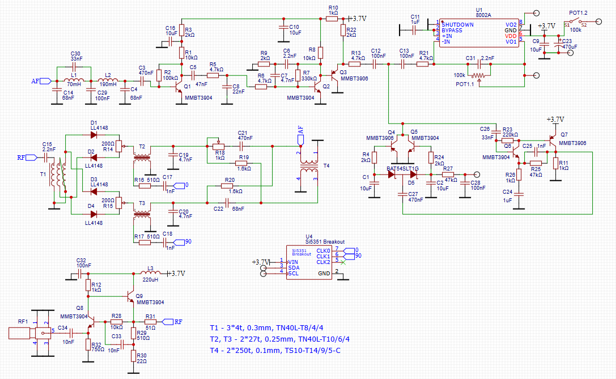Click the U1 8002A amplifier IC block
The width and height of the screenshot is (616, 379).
pyautogui.click(x=479, y=33)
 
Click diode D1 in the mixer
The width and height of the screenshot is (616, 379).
pyautogui.click(x=94, y=134)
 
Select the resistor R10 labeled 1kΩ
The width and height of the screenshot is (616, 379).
pyautogui.click(x=333, y=18)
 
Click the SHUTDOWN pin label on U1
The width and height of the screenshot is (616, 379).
pyautogui.click(x=457, y=25)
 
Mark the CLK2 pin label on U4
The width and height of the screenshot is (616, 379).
pyautogui.click(x=323, y=262)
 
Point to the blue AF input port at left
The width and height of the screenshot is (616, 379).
pyautogui.click(x=35, y=81)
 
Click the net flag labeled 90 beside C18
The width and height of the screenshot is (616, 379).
pyautogui.click(x=188, y=242)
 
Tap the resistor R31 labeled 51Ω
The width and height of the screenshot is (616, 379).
pyautogui.click(x=150, y=322)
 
